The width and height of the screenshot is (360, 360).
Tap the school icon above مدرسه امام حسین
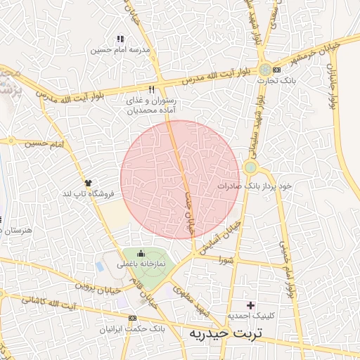(x=120, y=39)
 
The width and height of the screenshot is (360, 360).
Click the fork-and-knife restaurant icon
(x=151, y=90)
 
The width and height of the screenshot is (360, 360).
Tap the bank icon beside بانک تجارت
(x=276, y=70)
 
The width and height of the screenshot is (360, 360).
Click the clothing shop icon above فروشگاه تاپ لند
(x=87, y=182)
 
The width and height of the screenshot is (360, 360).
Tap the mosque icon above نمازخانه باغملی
(x=141, y=254)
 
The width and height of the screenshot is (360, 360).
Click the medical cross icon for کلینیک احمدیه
(x=251, y=304)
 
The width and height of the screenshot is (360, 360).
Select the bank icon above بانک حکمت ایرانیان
(x=134, y=317)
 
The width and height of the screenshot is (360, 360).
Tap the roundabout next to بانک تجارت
(x=264, y=70)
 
